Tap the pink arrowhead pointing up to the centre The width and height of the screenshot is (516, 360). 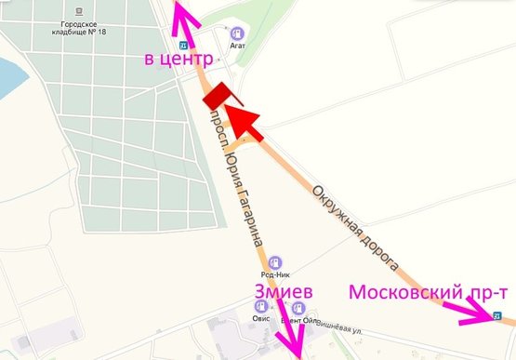(x=182, y=11)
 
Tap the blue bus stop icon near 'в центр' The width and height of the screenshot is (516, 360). (x=183, y=43)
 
